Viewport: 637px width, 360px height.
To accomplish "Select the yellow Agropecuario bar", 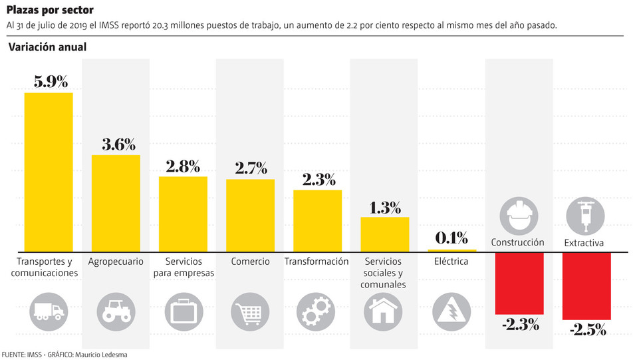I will [116, 203].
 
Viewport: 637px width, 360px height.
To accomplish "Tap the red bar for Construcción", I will [519, 283].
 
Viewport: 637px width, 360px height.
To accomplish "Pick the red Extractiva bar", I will [586, 286].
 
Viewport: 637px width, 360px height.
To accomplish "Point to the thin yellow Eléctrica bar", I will [452, 250].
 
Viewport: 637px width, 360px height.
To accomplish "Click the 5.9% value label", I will [51, 82].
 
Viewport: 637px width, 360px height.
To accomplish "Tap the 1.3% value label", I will [385, 207].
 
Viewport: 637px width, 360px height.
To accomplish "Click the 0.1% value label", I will [452, 238].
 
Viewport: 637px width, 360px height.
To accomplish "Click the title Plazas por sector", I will [50, 10].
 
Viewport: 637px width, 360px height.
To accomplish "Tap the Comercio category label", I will [251, 262].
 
